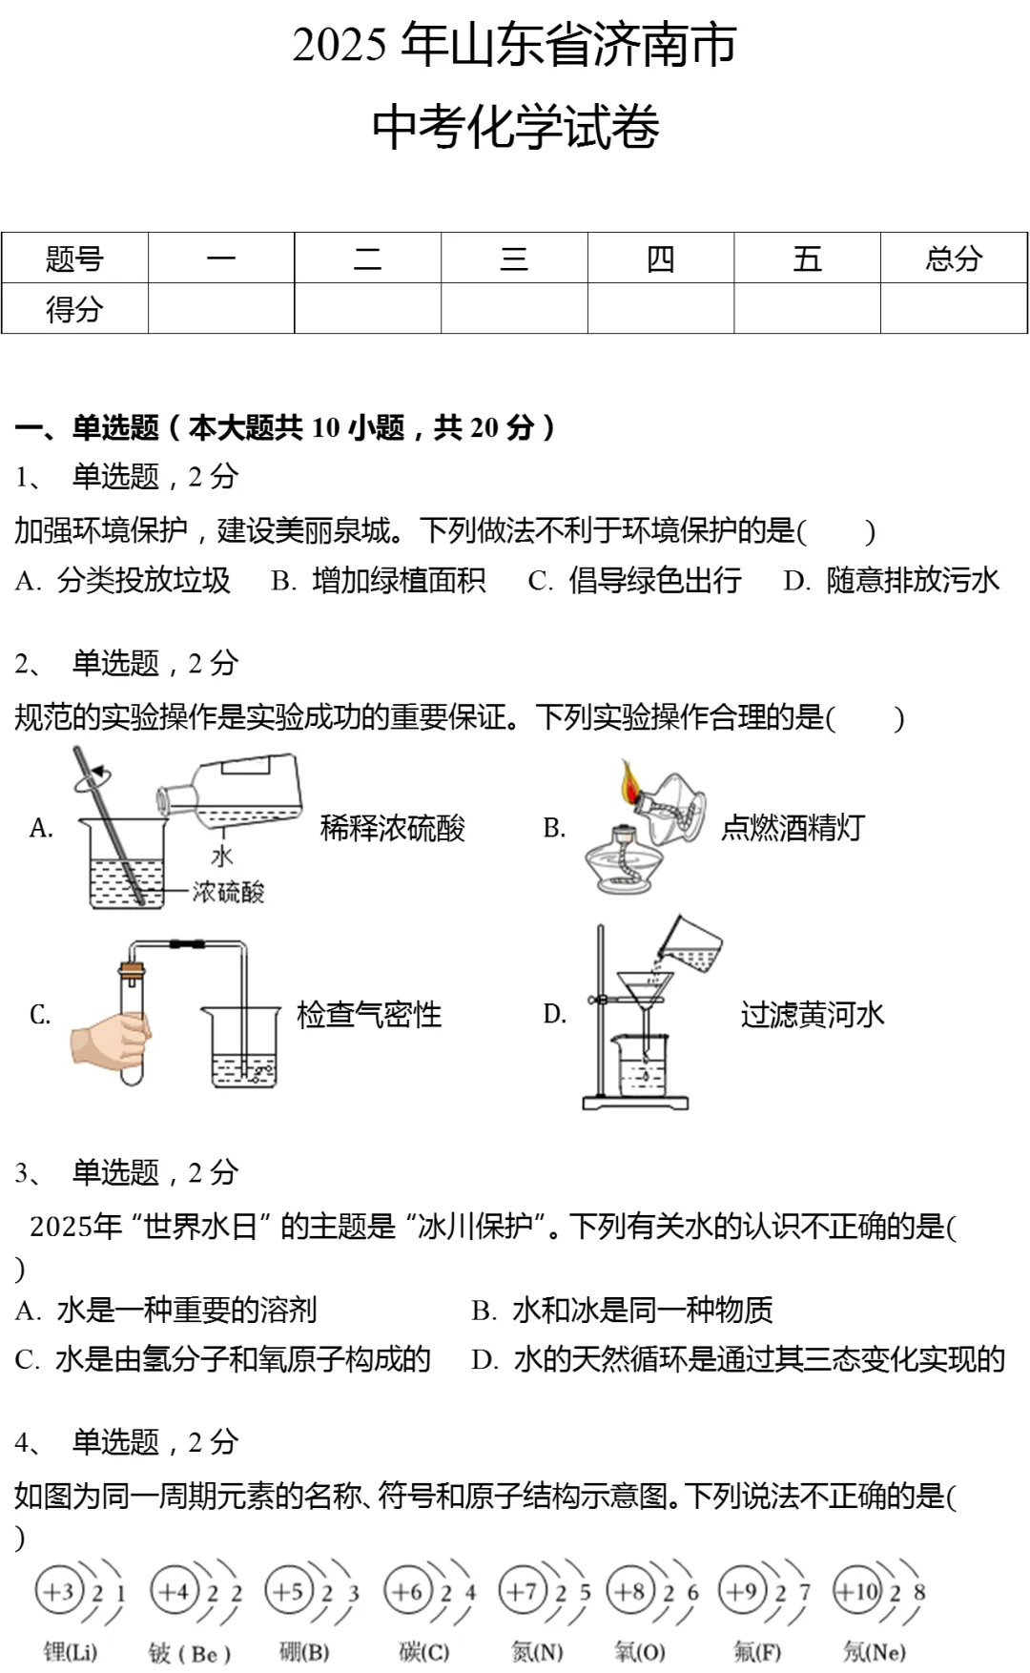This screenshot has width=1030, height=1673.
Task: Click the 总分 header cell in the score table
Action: point(953,258)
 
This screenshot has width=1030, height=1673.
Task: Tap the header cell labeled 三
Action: point(514,258)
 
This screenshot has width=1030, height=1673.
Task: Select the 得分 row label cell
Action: point(74,309)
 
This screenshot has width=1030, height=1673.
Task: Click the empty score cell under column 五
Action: point(807,309)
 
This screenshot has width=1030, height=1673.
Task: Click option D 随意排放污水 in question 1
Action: point(893,580)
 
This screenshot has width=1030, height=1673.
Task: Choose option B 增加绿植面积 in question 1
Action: point(380,580)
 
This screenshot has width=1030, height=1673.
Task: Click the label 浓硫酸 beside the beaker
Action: point(228,892)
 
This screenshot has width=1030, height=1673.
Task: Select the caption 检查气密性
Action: point(369,1015)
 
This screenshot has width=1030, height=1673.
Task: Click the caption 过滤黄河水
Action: point(813,1015)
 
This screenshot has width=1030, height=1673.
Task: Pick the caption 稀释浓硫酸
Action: point(393,828)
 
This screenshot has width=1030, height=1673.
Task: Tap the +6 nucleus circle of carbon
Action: point(407,1591)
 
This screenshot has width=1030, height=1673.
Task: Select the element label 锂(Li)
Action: point(71,1652)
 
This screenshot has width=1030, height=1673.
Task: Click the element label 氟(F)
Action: point(757,1652)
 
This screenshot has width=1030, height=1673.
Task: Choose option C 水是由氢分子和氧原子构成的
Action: point(224,1359)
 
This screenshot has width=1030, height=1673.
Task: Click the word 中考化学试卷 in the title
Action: point(515,127)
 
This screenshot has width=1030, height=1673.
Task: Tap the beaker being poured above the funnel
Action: point(691,946)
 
